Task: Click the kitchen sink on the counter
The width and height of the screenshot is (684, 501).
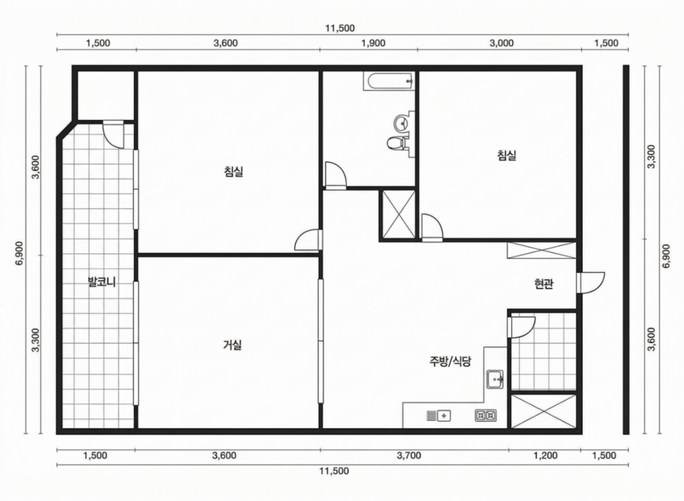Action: (495, 379)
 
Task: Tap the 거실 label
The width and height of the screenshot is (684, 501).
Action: (232, 345)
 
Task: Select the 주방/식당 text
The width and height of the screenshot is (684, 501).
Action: (450, 361)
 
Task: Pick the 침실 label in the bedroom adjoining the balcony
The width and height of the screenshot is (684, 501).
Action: (234, 172)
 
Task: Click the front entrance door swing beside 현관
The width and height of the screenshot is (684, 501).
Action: (591, 283)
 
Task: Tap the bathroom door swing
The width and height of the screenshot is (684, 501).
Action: (335, 176)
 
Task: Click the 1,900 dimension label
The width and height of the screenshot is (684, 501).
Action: (373, 43)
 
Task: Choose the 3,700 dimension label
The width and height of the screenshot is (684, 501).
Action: (409, 456)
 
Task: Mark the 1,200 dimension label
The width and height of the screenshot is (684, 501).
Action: (545, 456)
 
